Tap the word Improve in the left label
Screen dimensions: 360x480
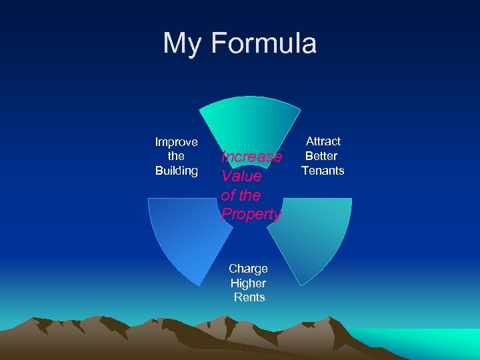176,141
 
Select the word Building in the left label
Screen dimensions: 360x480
176,171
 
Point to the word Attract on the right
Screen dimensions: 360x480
323,141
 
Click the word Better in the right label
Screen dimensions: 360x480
321,156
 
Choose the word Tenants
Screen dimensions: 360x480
323,171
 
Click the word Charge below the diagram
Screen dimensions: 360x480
248,269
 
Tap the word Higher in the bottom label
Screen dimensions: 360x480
248,283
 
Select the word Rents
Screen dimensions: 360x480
249,298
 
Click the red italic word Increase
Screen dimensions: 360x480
251,157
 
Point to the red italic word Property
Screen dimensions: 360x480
251,215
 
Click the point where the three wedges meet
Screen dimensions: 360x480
250,200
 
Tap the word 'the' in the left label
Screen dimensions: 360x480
176,156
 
